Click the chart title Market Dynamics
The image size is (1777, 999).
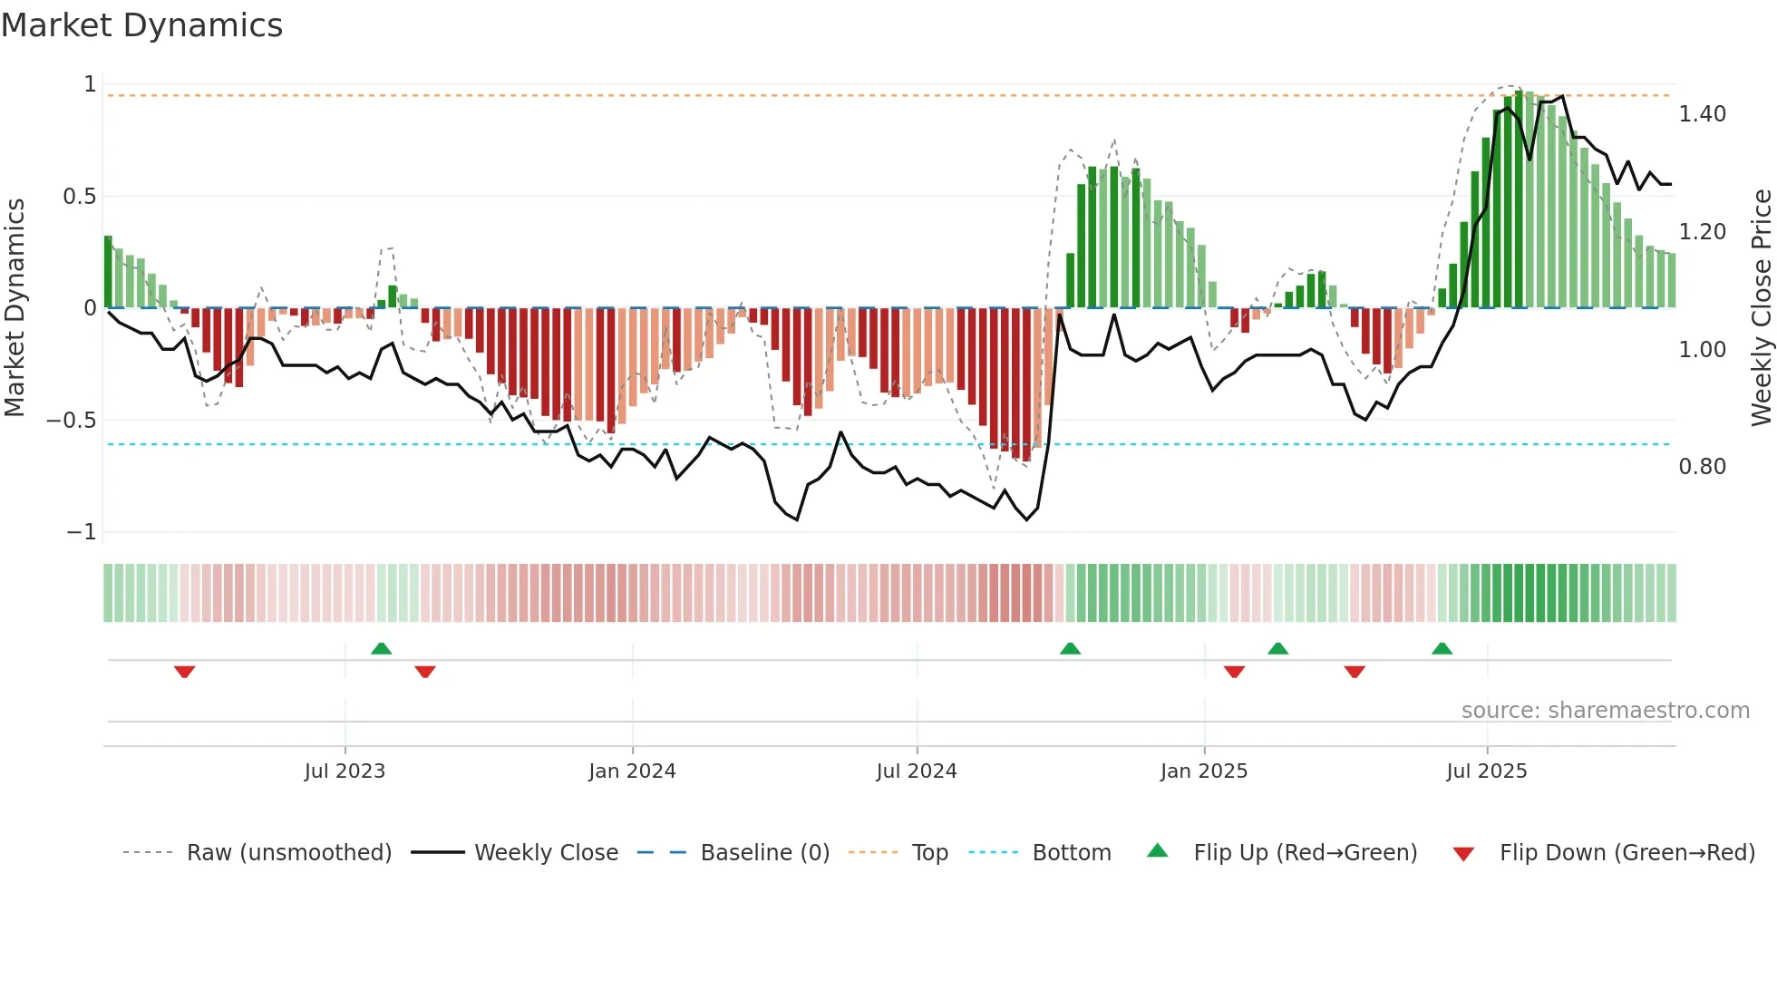pos(142,25)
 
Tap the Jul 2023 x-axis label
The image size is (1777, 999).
pos(345,771)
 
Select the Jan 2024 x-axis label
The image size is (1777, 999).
pos(632,771)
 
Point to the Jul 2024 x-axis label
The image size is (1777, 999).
pos(917,771)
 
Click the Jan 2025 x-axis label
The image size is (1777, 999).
pos(1204,771)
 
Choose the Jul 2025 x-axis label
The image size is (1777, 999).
pos(1487,771)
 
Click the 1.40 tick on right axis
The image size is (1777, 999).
pos(1702,114)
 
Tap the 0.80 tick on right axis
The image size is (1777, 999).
pos(1702,467)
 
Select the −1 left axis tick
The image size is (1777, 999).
pos(82,532)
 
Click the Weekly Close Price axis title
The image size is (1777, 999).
pos(1761,307)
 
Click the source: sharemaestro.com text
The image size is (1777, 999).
pos(1605,711)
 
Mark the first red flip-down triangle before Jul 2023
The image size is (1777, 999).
pos(185,672)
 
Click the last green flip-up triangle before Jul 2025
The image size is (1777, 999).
pos(1442,648)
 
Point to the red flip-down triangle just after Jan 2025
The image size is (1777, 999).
pos(1234,672)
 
